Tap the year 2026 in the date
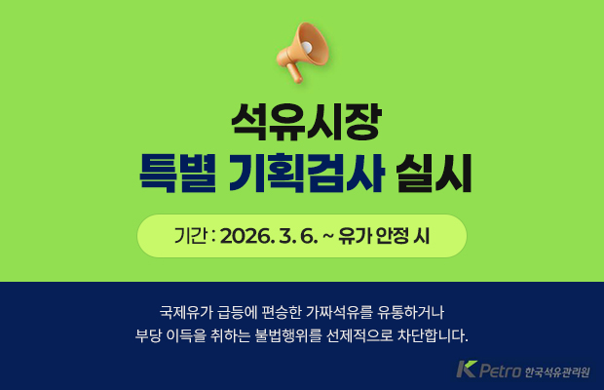pyautogui.click(x=248, y=237)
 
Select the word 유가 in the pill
pyautogui.click(x=354, y=237)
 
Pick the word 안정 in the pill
pyautogui.click(x=393, y=237)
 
